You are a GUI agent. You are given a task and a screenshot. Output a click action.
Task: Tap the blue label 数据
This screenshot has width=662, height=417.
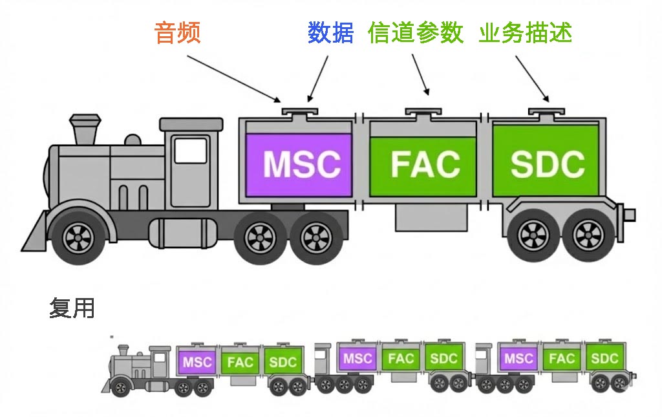pos(330,33)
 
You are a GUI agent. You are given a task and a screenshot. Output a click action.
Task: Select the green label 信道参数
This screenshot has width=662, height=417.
pos(415,33)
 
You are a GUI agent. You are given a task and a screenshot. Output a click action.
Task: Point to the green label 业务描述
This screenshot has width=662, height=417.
pos(525,33)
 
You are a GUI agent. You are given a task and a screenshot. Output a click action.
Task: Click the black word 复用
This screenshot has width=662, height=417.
pos(72,308)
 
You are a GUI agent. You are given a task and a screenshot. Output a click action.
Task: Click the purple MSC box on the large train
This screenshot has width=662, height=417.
pos(301,164)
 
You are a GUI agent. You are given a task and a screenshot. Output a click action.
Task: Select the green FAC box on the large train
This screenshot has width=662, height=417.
pos(424,164)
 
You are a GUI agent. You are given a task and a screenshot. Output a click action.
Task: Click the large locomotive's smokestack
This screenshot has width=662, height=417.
pos(85,129)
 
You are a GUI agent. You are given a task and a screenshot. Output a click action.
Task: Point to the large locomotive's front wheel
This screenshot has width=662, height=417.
pos(78,237)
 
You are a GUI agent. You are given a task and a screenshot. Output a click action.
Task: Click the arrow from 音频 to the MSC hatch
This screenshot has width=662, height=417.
pos(233,78)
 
